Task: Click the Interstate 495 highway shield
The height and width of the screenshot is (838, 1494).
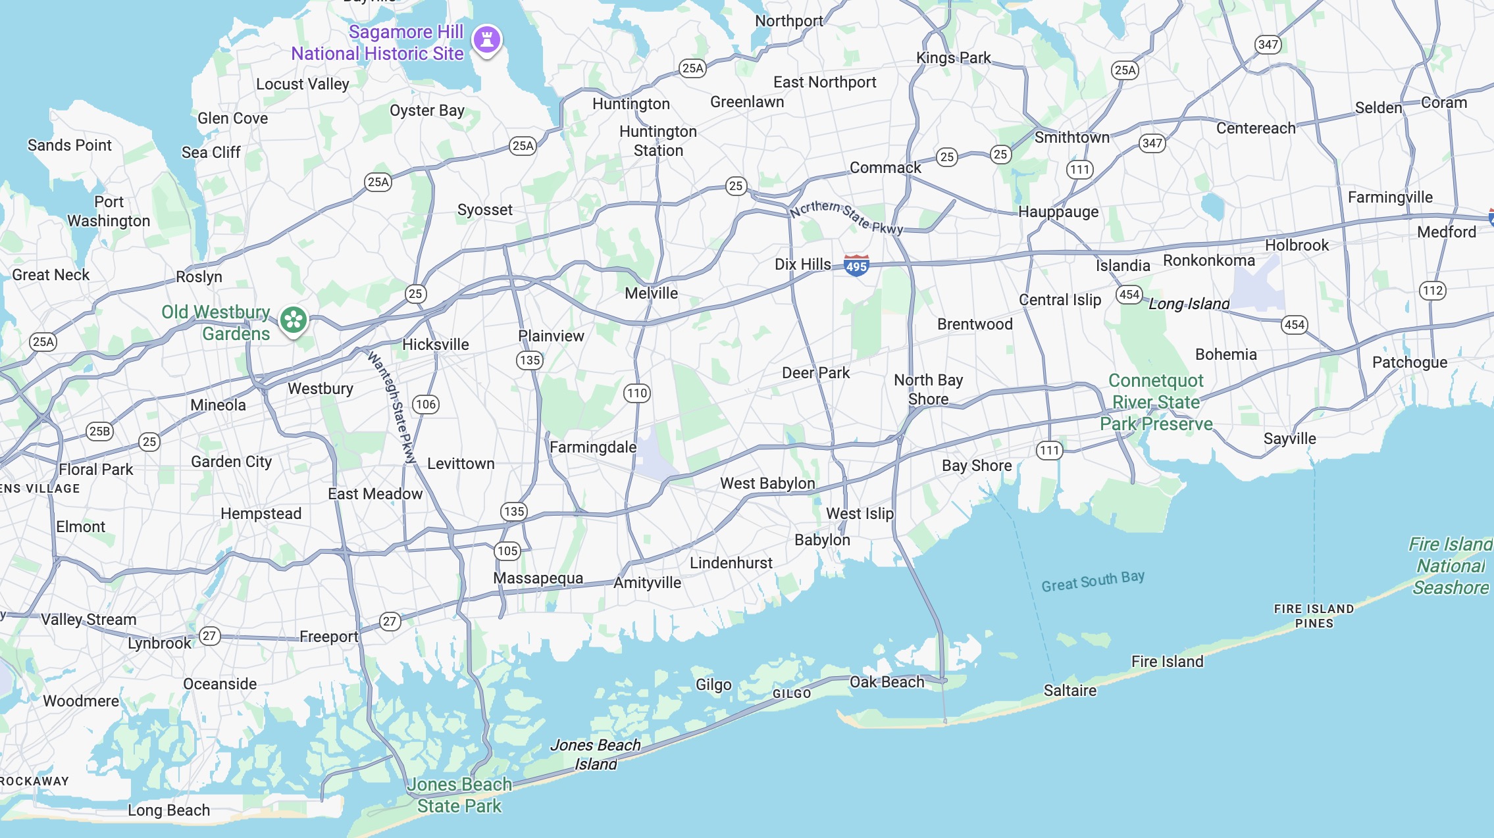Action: click(x=856, y=266)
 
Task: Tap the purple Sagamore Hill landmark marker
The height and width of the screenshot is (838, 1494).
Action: click(x=487, y=39)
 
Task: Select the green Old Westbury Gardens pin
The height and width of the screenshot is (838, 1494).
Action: click(x=294, y=320)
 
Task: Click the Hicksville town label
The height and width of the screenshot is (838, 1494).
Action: click(x=436, y=345)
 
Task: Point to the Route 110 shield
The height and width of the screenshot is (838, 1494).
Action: click(x=636, y=393)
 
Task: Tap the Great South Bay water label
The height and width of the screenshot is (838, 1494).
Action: click(x=1093, y=581)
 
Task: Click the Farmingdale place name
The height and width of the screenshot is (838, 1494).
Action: click(x=593, y=447)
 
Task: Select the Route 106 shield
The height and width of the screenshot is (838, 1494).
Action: click(x=426, y=405)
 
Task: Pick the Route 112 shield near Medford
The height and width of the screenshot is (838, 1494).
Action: click(x=1433, y=291)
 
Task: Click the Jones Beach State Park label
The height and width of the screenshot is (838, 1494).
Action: click(x=459, y=795)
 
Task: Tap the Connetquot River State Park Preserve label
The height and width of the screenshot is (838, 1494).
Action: click(x=1156, y=402)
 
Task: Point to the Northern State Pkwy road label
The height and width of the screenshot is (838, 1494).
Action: click(x=846, y=217)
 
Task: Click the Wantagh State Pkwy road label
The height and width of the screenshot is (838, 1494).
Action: click(x=393, y=408)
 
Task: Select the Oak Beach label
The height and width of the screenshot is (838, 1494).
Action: click(x=887, y=682)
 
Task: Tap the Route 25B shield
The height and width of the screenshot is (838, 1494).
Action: click(x=99, y=431)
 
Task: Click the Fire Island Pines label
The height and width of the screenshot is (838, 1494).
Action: click(x=1314, y=616)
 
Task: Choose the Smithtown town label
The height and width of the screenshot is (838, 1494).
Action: click(x=1071, y=137)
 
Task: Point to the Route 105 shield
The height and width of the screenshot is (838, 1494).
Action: click(x=507, y=551)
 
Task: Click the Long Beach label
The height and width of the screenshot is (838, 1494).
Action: click(x=168, y=810)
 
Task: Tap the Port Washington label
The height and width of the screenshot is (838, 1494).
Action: click(x=109, y=211)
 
